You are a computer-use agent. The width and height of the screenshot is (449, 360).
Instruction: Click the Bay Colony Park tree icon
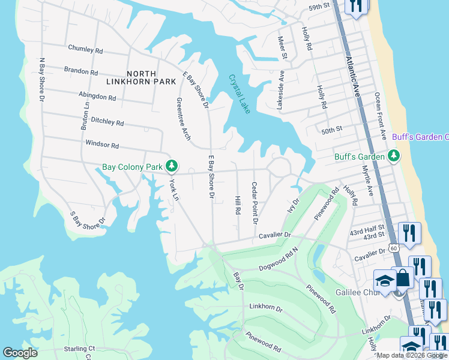pos(172,164)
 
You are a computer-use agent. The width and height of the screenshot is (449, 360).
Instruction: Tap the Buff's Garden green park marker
pos(394,157)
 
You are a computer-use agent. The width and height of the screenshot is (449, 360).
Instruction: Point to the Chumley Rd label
pos(86,48)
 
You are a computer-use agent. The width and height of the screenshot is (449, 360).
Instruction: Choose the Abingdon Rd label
pos(97,96)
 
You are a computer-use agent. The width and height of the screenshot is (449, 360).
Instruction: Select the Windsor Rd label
pos(102,145)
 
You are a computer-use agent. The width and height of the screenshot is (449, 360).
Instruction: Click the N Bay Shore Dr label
pos(42,84)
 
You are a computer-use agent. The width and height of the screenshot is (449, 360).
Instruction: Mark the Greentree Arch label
pos(181,119)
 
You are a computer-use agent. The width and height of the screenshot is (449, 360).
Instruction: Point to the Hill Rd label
pos(238,206)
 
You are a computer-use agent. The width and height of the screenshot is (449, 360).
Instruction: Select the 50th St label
pos(331,129)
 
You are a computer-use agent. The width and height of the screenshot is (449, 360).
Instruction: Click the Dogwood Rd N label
pos(279,259)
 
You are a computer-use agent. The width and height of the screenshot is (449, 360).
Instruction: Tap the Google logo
pos(20,353)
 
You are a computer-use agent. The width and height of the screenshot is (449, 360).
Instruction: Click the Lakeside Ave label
pos(280,90)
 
